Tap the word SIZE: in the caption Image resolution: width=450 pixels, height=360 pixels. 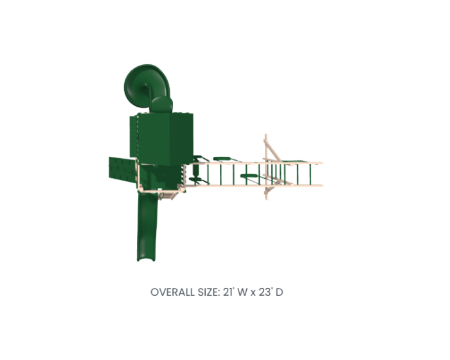pyautogui.click(x=209, y=292)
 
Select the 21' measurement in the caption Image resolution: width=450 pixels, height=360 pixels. pyautogui.click(x=229, y=292)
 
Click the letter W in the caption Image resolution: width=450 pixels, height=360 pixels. pyautogui.click(x=242, y=292)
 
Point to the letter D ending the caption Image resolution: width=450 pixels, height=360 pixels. pyautogui.click(x=279, y=292)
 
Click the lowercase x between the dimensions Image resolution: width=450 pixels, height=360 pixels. pyautogui.click(x=253, y=293)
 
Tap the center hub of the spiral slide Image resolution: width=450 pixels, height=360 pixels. pyautogui.click(x=145, y=86)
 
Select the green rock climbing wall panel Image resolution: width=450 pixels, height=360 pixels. pyautogui.click(x=122, y=169)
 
